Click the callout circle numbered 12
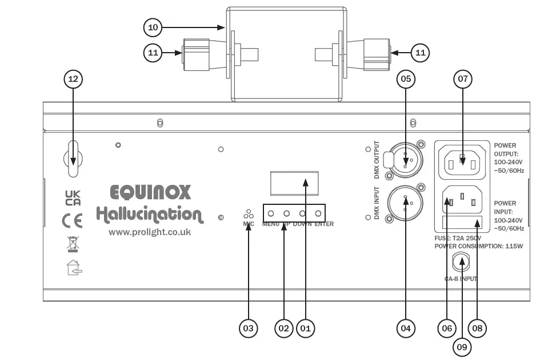tap(73, 80)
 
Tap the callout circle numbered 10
tap(153, 27)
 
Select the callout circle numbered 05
tap(406, 80)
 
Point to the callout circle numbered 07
tap(463, 80)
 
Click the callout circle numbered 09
tap(463, 346)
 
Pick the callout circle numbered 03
tap(248, 328)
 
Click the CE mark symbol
tap(73, 220)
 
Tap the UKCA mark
tap(73, 198)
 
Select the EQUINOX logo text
tap(150, 192)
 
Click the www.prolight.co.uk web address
tap(150, 232)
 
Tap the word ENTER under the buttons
tap(323, 224)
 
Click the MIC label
tap(248, 224)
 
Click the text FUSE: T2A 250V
tap(458, 238)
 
